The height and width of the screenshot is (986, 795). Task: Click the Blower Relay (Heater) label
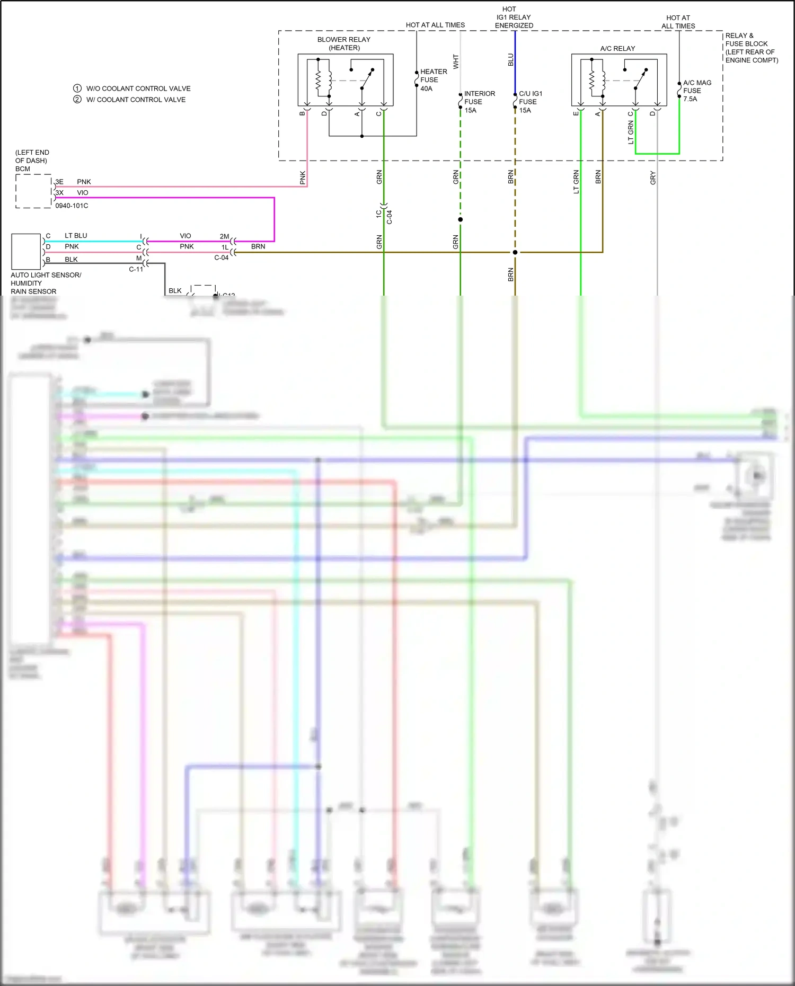[x=344, y=43]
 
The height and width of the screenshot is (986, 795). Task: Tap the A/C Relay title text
[x=617, y=48]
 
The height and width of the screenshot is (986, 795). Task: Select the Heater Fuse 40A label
[x=433, y=80]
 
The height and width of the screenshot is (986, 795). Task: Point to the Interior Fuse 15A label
[x=479, y=102]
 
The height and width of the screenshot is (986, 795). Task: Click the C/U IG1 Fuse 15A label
[x=530, y=102]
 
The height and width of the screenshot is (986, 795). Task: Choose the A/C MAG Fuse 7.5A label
[x=696, y=91]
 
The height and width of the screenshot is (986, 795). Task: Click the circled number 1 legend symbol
[x=77, y=88]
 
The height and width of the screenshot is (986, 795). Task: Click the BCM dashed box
[x=33, y=191]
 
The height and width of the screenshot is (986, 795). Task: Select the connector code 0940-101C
[x=72, y=206]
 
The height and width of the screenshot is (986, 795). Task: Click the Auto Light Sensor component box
[x=26, y=252]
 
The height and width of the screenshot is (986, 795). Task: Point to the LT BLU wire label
[x=76, y=236]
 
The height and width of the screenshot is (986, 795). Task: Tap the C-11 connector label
[x=136, y=269]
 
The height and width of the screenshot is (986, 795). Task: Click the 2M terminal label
[x=224, y=236]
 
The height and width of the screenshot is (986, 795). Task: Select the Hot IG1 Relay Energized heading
[x=514, y=17]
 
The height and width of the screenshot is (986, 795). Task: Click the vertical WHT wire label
[x=456, y=61]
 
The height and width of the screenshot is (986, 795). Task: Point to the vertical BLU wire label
[x=511, y=60]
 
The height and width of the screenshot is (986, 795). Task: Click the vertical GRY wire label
[x=653, y=178]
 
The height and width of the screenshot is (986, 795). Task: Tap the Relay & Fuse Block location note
[x=751, y=48]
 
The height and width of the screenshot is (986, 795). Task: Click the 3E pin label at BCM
[x=59, y=182]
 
